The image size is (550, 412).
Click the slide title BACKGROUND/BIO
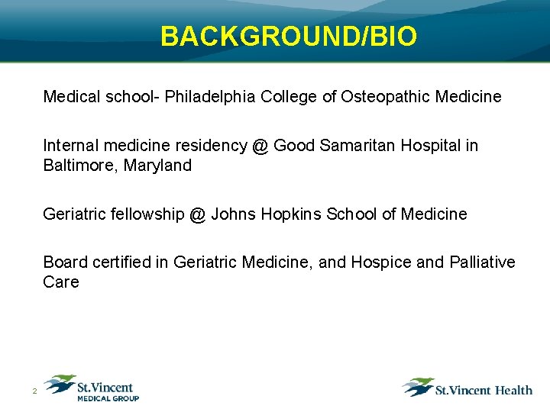(289, 36)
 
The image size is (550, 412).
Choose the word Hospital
(427, 146)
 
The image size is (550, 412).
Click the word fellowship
(147, 214)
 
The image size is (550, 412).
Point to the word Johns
(233, 214)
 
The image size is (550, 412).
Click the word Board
(65, 262)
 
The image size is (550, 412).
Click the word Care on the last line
(61, 282)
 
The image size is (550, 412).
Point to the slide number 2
(34, 392)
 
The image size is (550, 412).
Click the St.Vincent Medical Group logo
(92, 388)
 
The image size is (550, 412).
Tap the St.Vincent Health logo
(467, 388)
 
